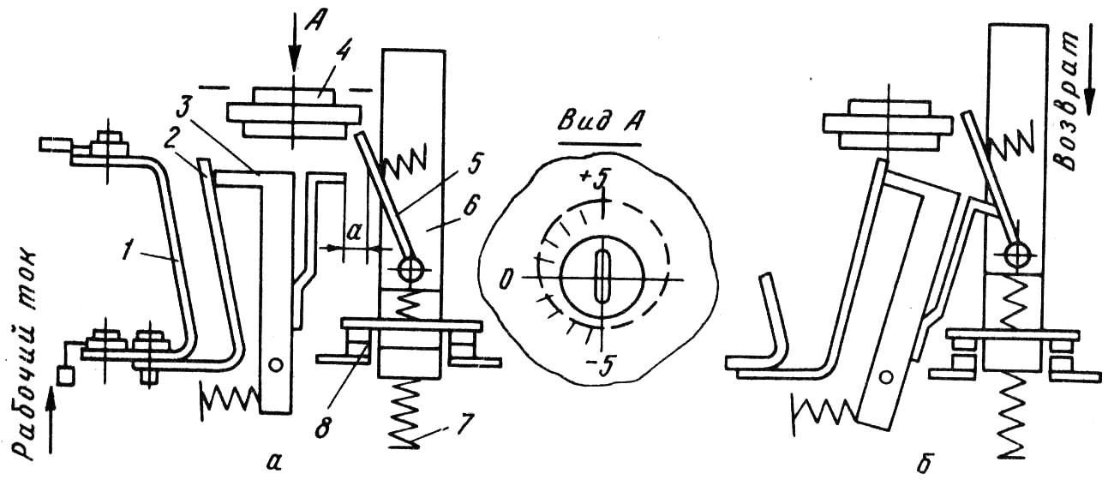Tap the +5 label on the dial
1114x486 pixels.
tap(594, 179)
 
